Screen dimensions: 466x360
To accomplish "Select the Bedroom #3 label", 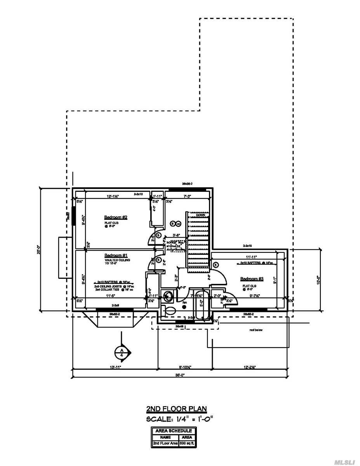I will [x=252, y=279].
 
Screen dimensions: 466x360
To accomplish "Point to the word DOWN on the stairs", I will [x=200, y=215].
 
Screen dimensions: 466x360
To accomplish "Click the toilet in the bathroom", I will [x=169, y=311].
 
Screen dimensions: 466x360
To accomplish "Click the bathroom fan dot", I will [x=184, y=306].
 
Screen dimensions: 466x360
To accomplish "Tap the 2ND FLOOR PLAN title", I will [x=176, y=409].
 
